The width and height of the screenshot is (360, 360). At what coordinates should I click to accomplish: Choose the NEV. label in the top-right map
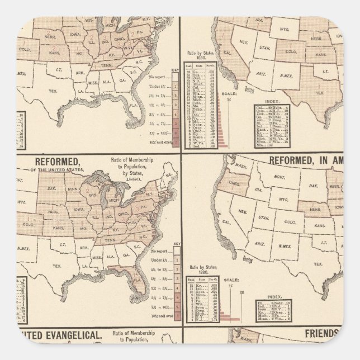click(228, 42)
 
